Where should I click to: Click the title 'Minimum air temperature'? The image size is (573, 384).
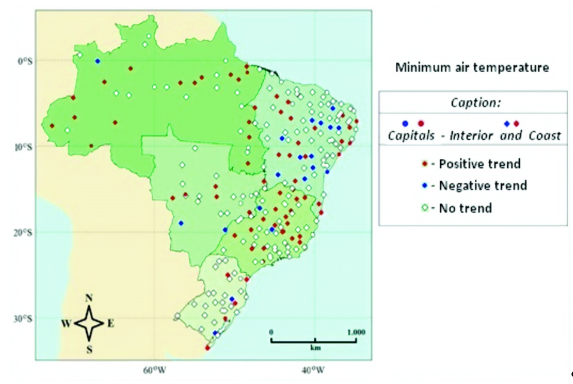(472, 67)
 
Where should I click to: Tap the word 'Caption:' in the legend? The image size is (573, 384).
(473, 102)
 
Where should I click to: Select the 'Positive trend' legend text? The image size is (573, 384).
(480, 164)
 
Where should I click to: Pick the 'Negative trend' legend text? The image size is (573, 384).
(483, 186)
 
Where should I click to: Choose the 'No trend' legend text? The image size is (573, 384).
(465, 208)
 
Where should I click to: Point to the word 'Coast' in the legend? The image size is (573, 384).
(544, 136)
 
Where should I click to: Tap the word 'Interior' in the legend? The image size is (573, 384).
(477, 136)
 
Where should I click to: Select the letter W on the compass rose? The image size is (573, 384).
(66, 324)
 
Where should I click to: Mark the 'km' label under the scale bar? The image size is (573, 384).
(314, 347)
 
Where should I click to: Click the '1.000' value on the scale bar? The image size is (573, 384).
(356, 331)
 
